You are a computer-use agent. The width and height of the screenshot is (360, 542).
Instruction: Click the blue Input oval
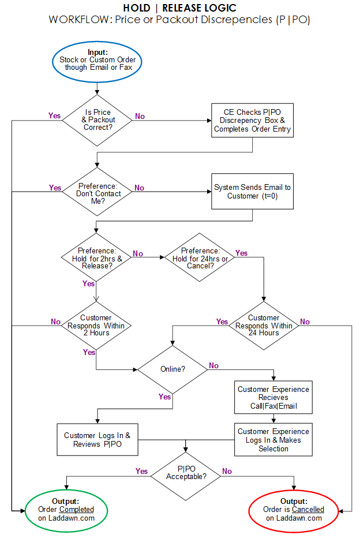coord(97,62)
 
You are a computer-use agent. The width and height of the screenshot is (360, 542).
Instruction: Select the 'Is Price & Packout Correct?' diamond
coord(97,120)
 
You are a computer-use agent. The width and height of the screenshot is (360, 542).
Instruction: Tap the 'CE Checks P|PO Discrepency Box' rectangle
coord(252,120)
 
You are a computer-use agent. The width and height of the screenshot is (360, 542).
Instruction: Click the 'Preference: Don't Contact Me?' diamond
coord(97,192)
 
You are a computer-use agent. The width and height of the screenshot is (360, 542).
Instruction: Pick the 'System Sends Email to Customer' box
coord(252,191)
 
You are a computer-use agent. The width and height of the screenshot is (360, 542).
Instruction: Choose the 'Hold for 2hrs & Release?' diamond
coord(96,257)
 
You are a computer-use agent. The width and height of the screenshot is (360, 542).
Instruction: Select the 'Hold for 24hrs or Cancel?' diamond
coord(200,257)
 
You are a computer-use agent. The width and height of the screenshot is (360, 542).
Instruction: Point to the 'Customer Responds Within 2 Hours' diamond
coord(96,326)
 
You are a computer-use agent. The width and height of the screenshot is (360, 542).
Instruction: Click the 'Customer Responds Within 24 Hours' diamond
coord(264,326)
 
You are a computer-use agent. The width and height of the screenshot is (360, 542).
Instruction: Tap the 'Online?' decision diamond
coord(172,369)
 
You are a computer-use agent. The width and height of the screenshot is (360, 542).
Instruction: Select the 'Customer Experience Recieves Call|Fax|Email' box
coord(273,397)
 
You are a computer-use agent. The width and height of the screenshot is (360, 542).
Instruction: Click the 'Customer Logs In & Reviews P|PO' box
coord(97,439)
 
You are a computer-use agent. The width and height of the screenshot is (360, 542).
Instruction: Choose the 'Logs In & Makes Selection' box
coord(273,440)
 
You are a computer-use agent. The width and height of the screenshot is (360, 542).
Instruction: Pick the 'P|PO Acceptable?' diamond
coord(186,476)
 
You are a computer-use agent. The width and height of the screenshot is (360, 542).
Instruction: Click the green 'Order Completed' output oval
coord(66,511)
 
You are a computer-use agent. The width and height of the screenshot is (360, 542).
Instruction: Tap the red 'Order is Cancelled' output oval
coord(294,511)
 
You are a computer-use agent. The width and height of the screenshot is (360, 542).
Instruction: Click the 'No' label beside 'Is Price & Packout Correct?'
coord(140,116)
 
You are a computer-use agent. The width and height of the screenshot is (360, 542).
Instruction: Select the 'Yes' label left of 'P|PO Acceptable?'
coord(142,471)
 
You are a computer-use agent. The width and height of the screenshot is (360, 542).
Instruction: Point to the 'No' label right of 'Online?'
coord(214,365)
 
